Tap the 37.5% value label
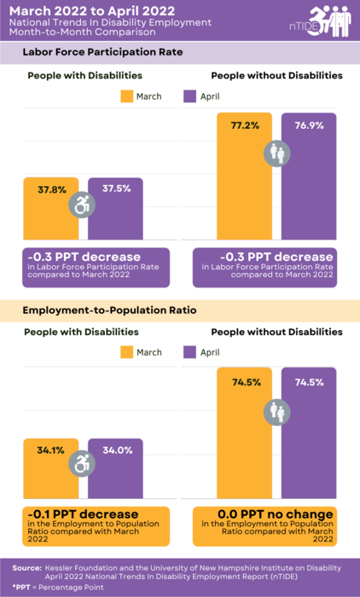click(x=117, y=188)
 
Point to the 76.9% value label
click(x=310, y=125)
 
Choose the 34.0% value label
click(x=117, y=450)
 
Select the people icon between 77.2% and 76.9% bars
click(x=277, y=153)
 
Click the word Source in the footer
click(x=27, y=567)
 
